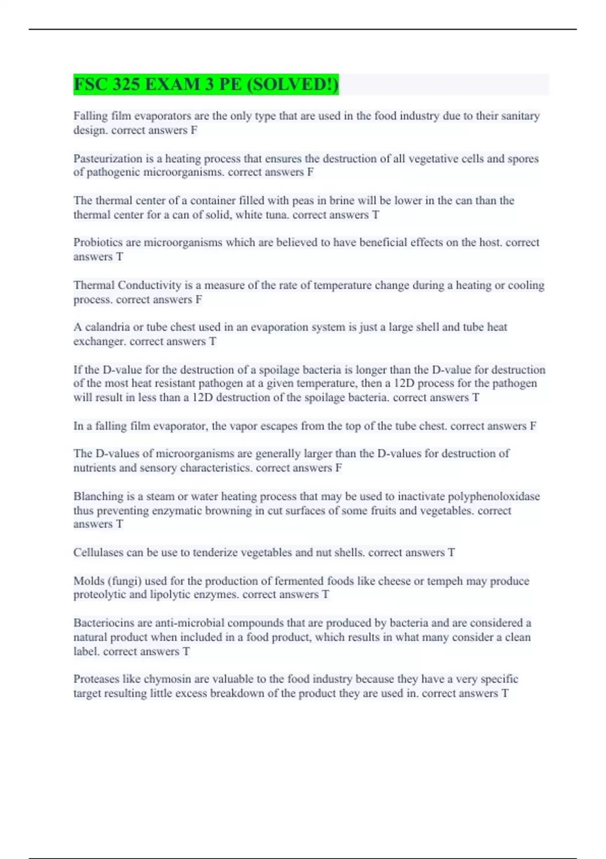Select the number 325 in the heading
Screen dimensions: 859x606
(126, 84)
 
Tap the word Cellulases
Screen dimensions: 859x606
(98, 553)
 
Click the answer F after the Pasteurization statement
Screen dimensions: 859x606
(310, 172)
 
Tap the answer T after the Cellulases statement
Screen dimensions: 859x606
(451, 553)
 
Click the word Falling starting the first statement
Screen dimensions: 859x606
(90, 116)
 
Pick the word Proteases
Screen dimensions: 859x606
(94, 679)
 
